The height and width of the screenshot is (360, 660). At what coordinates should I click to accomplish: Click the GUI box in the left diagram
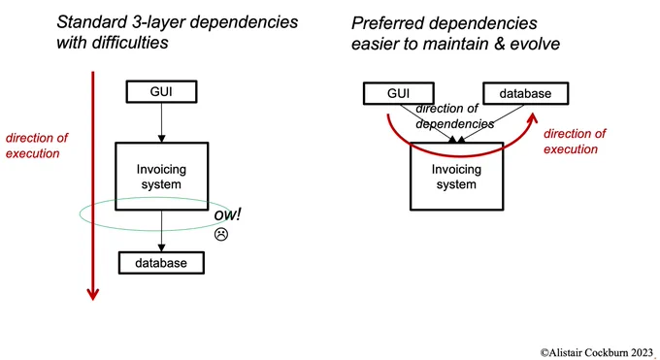[161, 91]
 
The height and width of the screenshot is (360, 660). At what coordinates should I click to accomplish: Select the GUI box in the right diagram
[398, 93]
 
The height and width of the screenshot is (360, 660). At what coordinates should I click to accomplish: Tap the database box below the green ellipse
[161, 263]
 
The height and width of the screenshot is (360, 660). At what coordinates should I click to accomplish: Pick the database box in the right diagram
[525, 93]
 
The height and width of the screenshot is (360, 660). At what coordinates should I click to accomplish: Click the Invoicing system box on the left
[162, 176]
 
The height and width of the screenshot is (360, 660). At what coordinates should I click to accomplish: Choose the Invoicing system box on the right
[457, 176]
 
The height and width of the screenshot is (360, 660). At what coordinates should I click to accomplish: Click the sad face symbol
[221, 234]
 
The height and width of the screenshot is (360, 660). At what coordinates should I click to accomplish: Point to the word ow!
[227, 214]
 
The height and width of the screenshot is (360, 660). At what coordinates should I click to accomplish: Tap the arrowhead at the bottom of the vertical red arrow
[92, 294]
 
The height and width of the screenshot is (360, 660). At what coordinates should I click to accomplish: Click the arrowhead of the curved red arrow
[533, 117]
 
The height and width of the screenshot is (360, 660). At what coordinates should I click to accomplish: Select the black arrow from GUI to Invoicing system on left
[161, 122]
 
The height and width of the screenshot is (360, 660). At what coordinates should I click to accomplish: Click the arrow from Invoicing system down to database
[161, 231]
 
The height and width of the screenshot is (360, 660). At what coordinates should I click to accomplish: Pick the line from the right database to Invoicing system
[491, 123]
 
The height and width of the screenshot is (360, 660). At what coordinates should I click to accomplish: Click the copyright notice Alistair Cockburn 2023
[597, 352]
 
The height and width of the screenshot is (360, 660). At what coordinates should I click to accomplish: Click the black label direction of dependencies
[454, 115]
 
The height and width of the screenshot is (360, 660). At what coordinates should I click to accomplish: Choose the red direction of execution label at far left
[37, 146]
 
